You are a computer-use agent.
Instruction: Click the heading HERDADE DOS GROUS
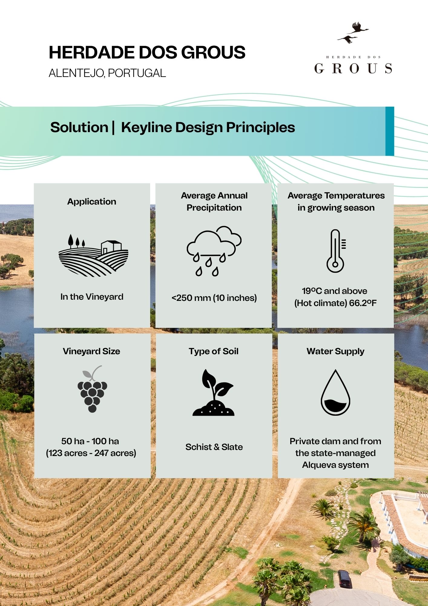point(147,52)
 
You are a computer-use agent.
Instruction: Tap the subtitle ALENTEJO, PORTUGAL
point(107,73)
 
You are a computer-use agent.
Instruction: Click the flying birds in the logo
point(353,32)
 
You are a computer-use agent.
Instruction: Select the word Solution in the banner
point(79,127)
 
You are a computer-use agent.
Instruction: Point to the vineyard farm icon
point(93,255)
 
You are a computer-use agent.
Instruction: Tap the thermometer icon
point(336,251)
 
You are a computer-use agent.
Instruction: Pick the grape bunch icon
point(92,389)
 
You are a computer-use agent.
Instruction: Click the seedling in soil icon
point(214,392)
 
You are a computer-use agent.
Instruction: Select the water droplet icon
point(335,392)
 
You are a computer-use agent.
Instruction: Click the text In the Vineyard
point(92,297)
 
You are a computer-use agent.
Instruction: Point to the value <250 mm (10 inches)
point(214,298)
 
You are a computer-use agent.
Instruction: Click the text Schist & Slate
point(214,447)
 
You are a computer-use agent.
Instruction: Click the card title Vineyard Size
point(91,351)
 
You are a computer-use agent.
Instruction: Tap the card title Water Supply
point(335,351)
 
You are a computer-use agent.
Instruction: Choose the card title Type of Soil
point(214,351)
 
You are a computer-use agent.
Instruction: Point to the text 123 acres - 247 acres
point(91,453)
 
